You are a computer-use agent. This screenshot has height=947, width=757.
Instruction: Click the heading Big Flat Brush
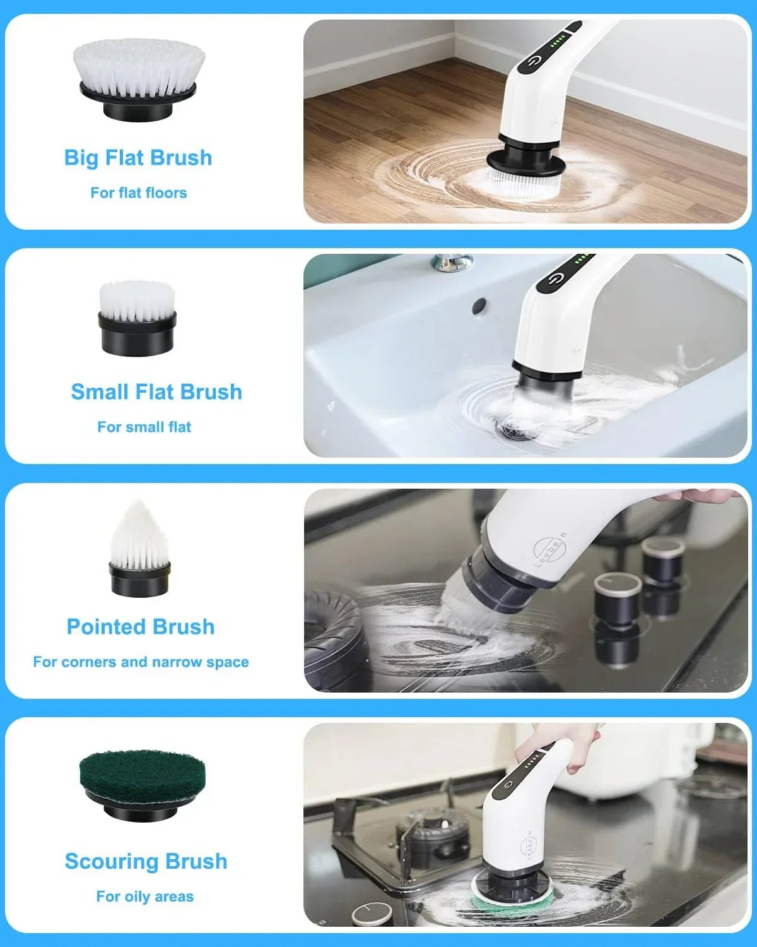(138, 158)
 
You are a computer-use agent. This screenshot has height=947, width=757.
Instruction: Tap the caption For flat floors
(139, 193)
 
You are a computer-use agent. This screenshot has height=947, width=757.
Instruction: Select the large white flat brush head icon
(138, 78)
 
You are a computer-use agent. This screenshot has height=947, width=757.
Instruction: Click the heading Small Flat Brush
(156, 392)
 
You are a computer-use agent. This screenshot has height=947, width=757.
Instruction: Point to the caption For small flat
(144, 427)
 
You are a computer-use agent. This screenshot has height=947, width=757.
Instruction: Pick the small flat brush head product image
(137, 318)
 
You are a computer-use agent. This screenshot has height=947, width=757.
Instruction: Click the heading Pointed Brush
(141, 627)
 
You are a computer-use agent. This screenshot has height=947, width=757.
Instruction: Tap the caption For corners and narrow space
(141, 662)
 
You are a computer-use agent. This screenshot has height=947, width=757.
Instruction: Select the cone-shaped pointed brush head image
(139, 549)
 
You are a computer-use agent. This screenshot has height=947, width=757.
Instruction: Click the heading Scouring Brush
(146, 861)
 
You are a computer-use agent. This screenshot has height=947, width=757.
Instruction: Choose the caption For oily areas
(144, 896)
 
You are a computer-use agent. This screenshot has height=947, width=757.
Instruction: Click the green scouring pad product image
(142, 786)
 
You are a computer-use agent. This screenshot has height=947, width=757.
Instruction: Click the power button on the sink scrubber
(554, 279)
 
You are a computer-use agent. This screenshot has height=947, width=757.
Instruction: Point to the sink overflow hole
(479, 306)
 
